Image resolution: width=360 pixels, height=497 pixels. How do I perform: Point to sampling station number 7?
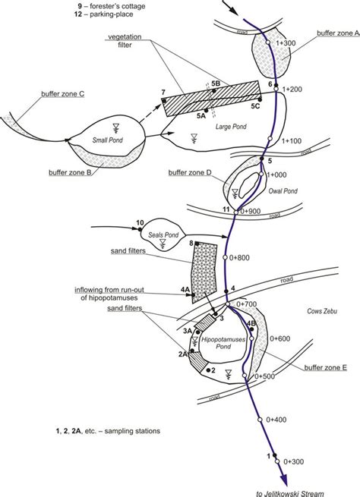click(x=163, y=93)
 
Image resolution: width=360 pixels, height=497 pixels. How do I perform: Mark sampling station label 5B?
click(x=216, y=82)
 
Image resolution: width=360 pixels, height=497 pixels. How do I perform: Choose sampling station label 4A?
click(x=185, y=289)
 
